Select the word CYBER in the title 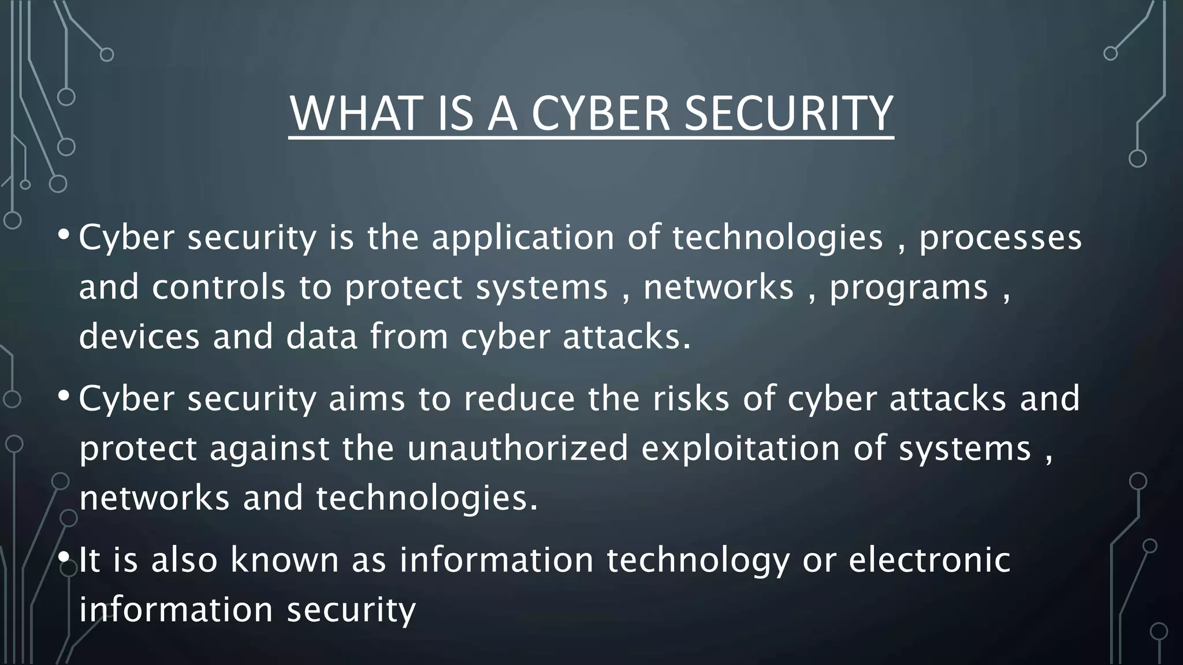pyautogui.click(x=600, y=114)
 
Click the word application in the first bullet pyautogui.click(x=523, y=238)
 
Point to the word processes pyautogui.click(x=1000, y=238)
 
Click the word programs pyautogui.click(x=909, y=287)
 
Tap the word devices pyautogui.click(x=139, y=337)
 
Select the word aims pyautogui.click(x=367, y=399)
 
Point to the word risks pyautogui.click(x=691, y=399)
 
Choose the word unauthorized pyautogui.click(x=518, y=449)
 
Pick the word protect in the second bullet pyautogui.click(x=138, y=449)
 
